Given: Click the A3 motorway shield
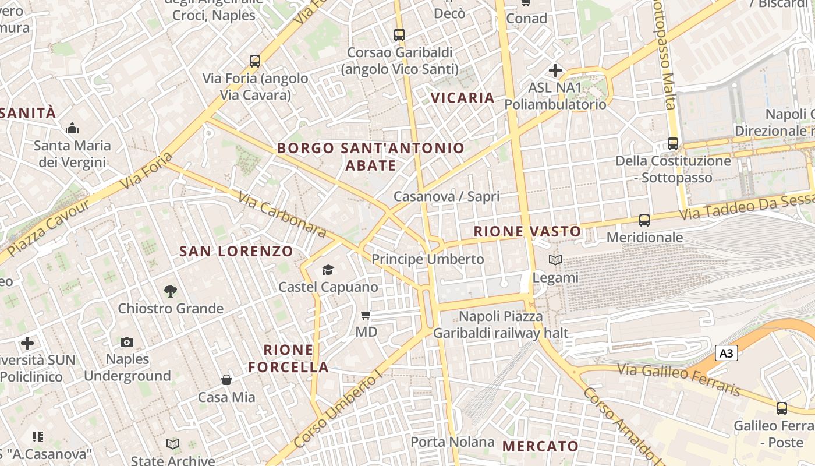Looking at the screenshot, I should pyautogui.click(x=726, y=353).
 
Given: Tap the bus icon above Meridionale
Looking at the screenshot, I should pyautogui.click(x=644, y=220).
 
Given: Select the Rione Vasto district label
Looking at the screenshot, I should pyautogui.click(x=527, y=231).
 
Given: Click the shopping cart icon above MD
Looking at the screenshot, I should pyautogui.click(x=366, y=315).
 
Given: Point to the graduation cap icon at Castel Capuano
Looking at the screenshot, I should pyautogui.click(x=328, y=270).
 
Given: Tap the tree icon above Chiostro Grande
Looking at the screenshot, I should pyautogui.click(x=171, y=291).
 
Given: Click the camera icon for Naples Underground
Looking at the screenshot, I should pyautogui.click(x=127, y=342).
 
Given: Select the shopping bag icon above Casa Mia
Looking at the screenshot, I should pyautogui.click(x=226, y=380).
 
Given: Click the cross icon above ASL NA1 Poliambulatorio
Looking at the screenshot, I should pyautogui.click(x=555, y=71).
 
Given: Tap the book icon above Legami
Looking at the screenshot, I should pyautogui.click(x=555, y=260).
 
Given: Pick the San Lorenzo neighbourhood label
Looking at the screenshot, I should pyautogui.click(x=236, y=251).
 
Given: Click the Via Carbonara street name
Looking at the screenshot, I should pyautogui.click(x=282, y=214).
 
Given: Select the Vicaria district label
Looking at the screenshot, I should pyautogui.click(x=463, y=97).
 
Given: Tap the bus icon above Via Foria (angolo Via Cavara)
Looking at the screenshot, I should pyautogui.click(x=254, y=61).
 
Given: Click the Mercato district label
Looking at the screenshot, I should pyautogui.click(x=540, y=446).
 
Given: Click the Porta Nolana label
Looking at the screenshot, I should pyautogui.click(x=452, y=442).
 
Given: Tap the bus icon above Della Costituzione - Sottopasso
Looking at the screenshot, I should pyautogui.click(x=673, y=143).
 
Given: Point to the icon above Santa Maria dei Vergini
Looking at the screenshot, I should pyautogui.click(x=72, y=128).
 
